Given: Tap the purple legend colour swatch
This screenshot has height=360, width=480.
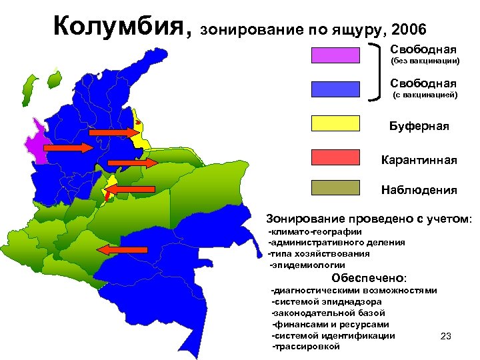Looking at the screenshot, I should point(335,55).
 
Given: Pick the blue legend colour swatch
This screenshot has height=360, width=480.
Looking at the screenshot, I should point(335,89).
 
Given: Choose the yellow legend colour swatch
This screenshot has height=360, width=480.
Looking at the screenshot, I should point(335,123).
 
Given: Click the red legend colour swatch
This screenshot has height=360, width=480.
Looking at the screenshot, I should point(335,157).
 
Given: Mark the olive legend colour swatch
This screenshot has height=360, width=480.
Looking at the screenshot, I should point(335,189).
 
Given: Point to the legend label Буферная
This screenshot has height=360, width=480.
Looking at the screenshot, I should point(419,127).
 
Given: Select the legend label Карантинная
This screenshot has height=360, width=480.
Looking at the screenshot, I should point(419,160).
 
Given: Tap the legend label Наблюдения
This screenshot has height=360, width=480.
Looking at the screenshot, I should point(419,191).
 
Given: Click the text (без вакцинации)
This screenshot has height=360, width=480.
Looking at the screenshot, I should point(425,61).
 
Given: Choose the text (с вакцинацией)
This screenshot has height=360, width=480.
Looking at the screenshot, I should point(425,95).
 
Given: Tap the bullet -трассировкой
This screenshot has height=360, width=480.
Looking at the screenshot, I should point(306,347).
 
